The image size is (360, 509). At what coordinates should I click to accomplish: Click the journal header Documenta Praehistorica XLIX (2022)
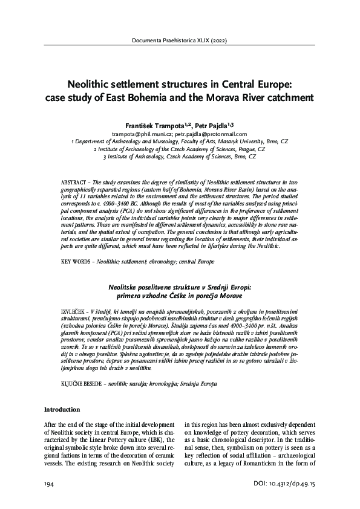180,41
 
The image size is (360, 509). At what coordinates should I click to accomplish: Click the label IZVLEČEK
76,309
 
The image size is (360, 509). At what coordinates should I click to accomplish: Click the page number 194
50,485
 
